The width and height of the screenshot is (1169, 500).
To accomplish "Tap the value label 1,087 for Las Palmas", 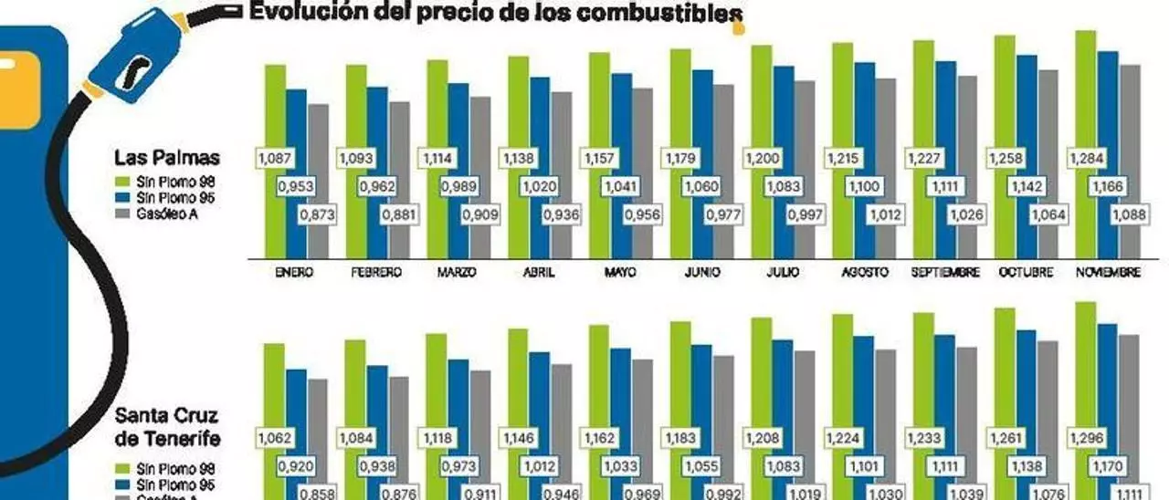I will click(276, 159).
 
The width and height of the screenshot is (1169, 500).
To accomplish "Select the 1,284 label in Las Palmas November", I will click(1086, 159).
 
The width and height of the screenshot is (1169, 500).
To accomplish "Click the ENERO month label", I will click(294, 272).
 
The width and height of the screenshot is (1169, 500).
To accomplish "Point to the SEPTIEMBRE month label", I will click(945, 272).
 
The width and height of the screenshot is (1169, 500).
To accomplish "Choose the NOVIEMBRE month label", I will click(1107, 272).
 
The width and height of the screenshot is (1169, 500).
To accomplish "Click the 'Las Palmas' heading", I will click(167, 158).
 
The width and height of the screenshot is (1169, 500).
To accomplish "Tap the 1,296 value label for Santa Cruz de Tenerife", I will click(1086, 438).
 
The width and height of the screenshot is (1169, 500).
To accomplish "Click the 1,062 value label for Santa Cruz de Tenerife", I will click(276, 438).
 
